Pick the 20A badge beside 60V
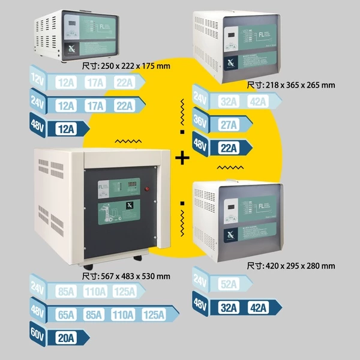pos(62,337)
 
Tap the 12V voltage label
pos(38,80)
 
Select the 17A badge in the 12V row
pos(94,83)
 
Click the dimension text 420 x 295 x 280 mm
pos(290,265)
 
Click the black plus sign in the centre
pos(182,158)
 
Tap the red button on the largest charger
pos(146,190)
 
